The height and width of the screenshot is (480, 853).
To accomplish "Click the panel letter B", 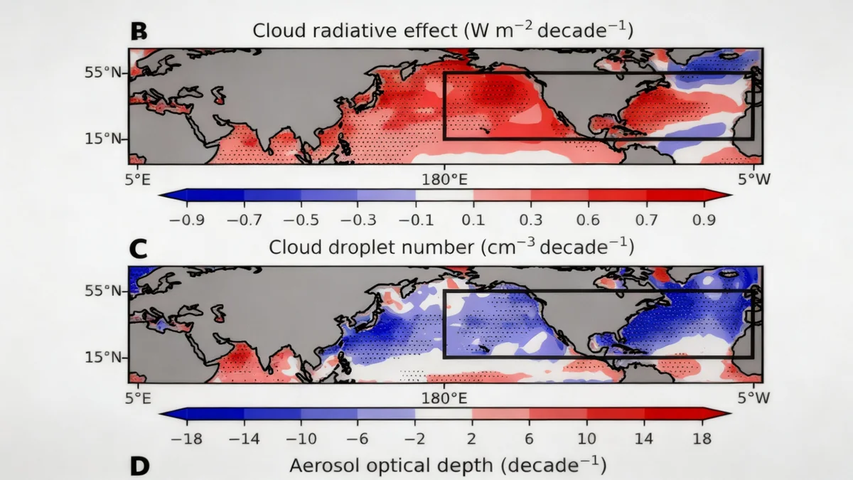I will pos(139,31).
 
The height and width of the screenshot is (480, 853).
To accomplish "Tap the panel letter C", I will pos(139,248).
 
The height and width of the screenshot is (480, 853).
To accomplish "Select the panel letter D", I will pos(139,466).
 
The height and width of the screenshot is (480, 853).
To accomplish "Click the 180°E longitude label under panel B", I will pos(445,179).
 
